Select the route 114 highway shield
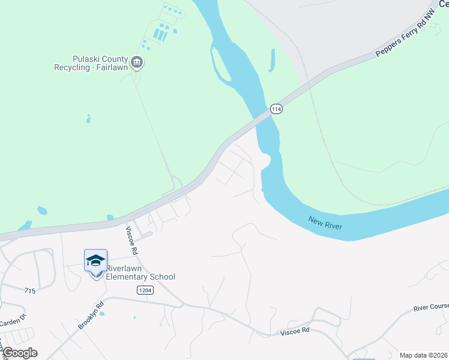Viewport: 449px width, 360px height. pyautogui.click(x=276, y=109)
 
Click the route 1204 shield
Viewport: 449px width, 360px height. pyautogui.click(x=144, y=290)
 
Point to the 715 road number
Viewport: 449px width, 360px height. pyautogui.click(x=31, y=291)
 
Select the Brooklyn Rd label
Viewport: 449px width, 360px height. pyautogui.click(x=91, y=314)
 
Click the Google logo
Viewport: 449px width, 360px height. pyautogui.click(x=19, y=353)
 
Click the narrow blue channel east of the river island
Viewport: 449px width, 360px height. pyautogui.click(x=272, y=60)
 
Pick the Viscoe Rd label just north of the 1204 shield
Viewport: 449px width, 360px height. pyautogui.click(x=130, y=239)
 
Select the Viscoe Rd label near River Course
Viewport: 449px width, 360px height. pyautogui.click(x=294, y=331)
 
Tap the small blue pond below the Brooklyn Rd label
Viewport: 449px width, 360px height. pyautogui.click(x=101, y=313)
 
